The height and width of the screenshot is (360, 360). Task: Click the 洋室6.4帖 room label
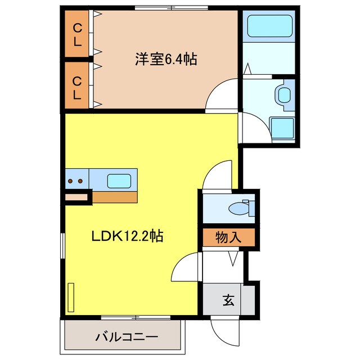tap(165, 59)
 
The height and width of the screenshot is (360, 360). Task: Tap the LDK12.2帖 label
tap(128, 236)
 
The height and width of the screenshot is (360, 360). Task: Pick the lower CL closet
tap(76, 87)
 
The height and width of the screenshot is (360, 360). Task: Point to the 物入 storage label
tap(228, 237)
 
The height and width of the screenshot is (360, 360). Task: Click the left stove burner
tap(71, 181)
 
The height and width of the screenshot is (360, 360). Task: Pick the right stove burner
tap(81, 181)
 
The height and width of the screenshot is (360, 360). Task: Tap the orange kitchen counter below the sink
tap(115, 197)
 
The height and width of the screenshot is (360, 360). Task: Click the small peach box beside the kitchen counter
tap(77, 197)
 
